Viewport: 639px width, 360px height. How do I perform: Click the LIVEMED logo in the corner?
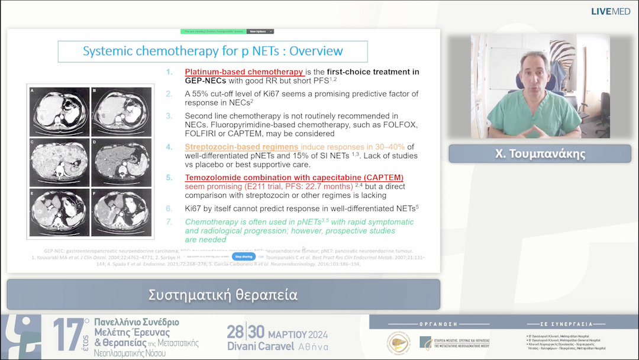click(611, 11)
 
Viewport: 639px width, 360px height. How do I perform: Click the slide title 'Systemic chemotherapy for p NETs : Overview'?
click(212, 52)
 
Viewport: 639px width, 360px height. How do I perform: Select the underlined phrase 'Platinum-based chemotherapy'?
click(244, 72)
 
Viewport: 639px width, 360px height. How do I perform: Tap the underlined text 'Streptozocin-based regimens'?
click(242, 146)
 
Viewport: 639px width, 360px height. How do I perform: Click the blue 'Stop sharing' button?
click(244, 256)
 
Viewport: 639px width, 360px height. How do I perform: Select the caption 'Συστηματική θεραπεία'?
click(223, 294)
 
